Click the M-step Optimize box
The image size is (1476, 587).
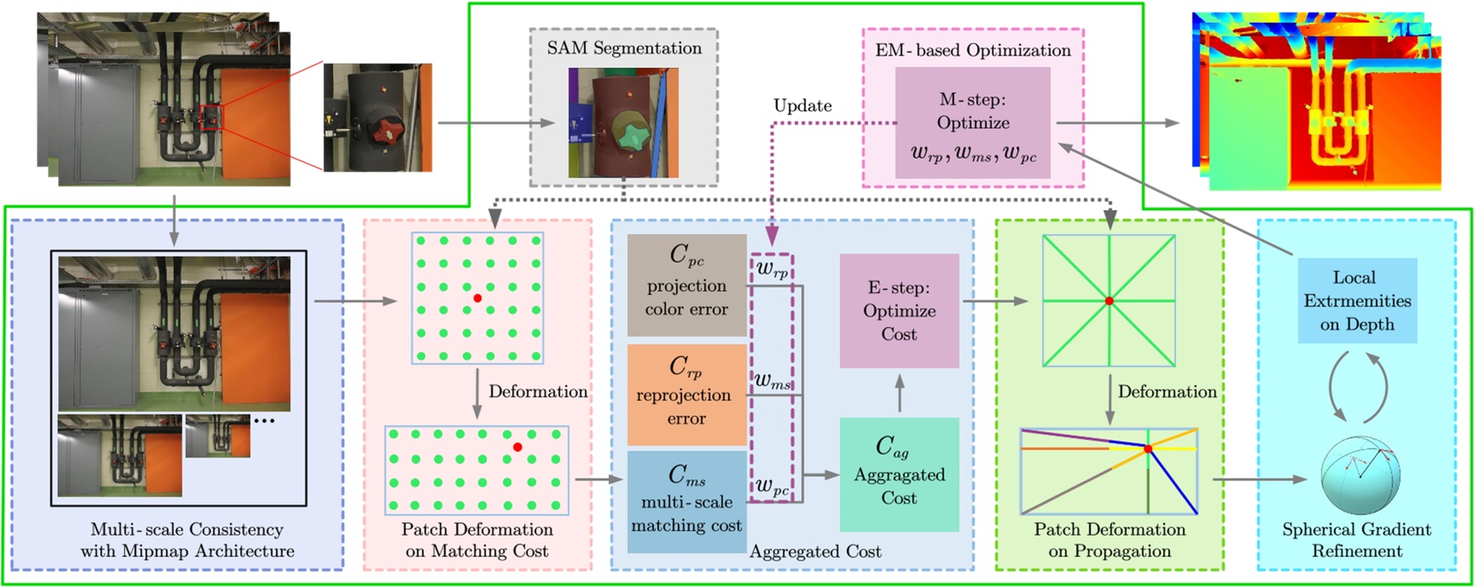pyautogui.click(x=973, y=123)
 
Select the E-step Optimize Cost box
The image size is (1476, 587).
pyautogui.click(x=899, y=311)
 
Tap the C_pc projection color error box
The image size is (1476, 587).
pyautogui.click(x=687, y=285)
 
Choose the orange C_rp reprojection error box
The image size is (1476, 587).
pyautogui.click(x=687, y=394)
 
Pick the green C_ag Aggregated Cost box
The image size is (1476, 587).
pyautogui.click(x=899, y=474)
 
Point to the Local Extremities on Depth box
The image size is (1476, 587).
pyautogui.click(x=1357, y=300)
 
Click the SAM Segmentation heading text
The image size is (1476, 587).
pyautogui.click(x=624, y=48)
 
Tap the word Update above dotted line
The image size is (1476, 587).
pyautogui.click(x=802, y=106)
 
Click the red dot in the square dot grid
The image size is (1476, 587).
pyautogui.click(x=478, y=298)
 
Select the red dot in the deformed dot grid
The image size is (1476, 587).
pyautogui.click(x=517, y=447)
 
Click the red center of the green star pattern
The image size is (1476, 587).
pyautogui.click(x=1109, y=301)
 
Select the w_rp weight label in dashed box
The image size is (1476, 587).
pyautogui.click(x=772, y=270)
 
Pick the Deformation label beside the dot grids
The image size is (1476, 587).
pyautogui.click(x=538, y=392)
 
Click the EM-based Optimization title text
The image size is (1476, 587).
pyautogui.click(x=973, y=50)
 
